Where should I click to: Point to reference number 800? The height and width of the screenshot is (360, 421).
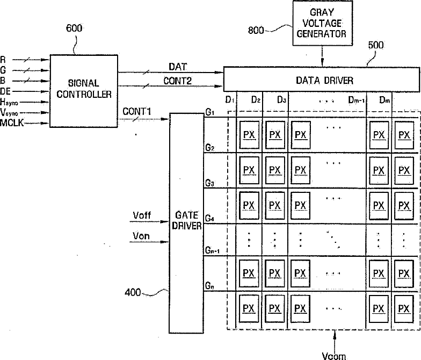click(x=256, y=30)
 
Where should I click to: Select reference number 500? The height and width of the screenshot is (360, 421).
click(x=376, y=46)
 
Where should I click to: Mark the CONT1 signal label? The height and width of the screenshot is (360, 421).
click(x=136, y=111)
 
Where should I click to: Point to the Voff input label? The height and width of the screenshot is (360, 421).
click(x=142, y=215)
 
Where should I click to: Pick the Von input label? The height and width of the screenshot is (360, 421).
click(x=142, y=235)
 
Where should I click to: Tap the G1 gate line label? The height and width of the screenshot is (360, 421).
click(x=209, y=113)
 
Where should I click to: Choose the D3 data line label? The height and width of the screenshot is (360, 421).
click(x=282, y=100)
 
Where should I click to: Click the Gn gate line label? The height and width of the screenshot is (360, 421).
click(x=209, y=286)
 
